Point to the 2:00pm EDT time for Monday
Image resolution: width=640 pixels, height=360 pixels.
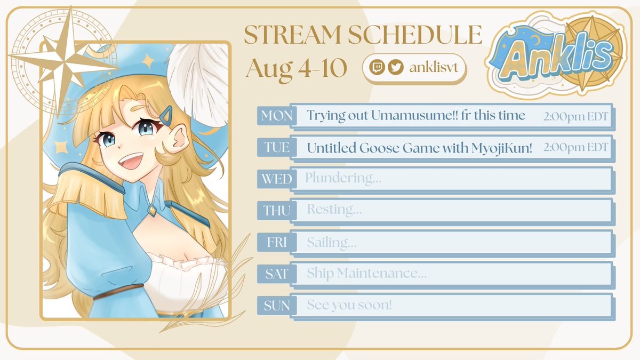575,116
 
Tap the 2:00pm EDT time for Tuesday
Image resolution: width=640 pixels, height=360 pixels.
575,148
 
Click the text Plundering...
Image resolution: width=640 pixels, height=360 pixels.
343,178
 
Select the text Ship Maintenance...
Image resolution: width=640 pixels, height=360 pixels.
366,274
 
